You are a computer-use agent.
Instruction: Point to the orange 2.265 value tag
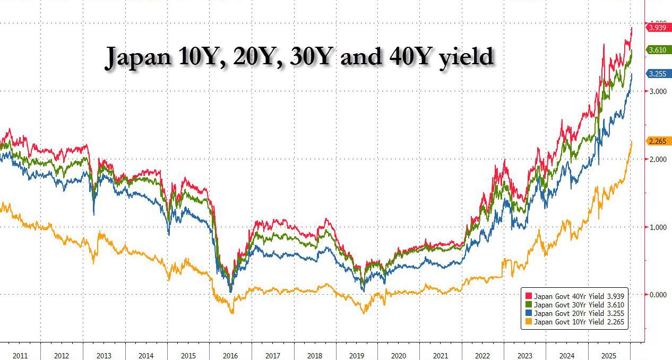658,141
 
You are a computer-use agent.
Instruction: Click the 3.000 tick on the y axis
657,92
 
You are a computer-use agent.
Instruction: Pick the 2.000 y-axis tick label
657,159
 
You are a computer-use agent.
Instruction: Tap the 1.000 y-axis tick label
657,227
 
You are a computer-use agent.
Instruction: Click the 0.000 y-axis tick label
657,295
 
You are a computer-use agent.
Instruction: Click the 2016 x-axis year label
230,356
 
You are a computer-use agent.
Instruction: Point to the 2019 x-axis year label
357,356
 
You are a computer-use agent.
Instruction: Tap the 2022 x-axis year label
483,356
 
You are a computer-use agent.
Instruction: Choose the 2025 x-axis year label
609,356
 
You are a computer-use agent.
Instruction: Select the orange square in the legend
529,321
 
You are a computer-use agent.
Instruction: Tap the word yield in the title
467,57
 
